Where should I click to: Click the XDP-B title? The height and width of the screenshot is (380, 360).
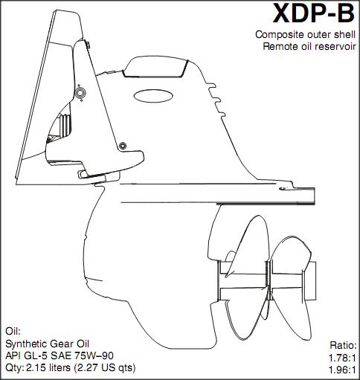[x=314, y=13]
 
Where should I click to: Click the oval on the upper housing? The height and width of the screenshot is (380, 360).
[x=153, y=96]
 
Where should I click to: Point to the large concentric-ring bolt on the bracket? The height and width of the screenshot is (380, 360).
[x=80, y=93]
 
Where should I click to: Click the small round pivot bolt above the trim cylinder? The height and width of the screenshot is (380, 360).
[x=123, y=146]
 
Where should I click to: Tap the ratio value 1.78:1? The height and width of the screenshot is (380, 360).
[x=342, y=358]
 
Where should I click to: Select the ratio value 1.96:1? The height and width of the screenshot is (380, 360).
[x=342, y=370]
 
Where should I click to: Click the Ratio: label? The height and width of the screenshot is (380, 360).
[x=343, y=345]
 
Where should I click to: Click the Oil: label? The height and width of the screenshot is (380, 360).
[x=13, y=331]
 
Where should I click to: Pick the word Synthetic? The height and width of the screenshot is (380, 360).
[x=26, y=344]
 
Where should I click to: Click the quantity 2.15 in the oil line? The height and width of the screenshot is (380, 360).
[x=36, y=368]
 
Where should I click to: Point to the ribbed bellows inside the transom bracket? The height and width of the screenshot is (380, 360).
[x=65, y=124]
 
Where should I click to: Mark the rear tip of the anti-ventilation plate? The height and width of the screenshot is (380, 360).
[x=315, y=196]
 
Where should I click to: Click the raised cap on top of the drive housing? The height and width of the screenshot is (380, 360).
[x=155, y=67]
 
